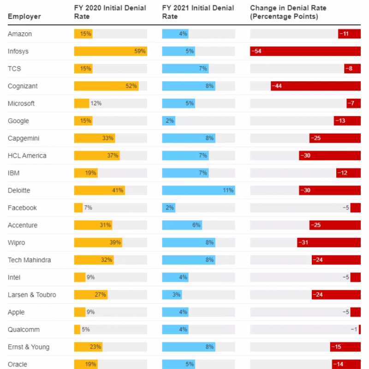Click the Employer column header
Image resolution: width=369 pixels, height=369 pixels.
pyautogui.click(x=24, y=17)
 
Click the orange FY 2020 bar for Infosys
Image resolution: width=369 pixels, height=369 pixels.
pyautogui.click(x=110, y=51)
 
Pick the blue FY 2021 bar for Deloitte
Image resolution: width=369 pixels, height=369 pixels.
pyautogui.click(x=198, y=190)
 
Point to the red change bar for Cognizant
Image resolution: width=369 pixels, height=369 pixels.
pyautogui.click(x=315, y=86)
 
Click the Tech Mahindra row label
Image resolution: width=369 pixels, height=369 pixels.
pyautogui.click(x=29, y=260)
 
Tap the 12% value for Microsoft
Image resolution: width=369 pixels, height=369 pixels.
pyautogui.click(x=96, y=103)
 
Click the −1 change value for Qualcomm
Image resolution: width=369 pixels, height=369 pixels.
pyautogui.click(x=354, y=329)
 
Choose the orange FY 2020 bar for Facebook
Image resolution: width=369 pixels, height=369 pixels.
pyautogui.click(x=78, y=208)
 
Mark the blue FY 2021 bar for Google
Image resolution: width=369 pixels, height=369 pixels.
pyautogui.click(x=168, y=121)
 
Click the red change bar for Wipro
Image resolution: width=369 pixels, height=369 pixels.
pyautogui.click(x=329, y=242)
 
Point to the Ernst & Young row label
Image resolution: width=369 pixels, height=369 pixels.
pyautogui.click(x=29, y=347)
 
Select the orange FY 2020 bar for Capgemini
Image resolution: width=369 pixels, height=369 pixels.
pyautogui.click(x=95, y=138)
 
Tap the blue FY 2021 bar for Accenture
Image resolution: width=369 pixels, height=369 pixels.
pyautogui.click(x=182, y=225)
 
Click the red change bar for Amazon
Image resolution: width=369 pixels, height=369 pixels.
pyautogui.click(x=349, y=34)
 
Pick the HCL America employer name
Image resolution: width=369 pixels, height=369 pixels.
pyautogui.click(x=27, y=155)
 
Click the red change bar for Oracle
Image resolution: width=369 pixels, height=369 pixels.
pyautogui.click(x=346, y=364)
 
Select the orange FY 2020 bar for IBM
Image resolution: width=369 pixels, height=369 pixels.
pyautogui.click(x=86, y=173)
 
